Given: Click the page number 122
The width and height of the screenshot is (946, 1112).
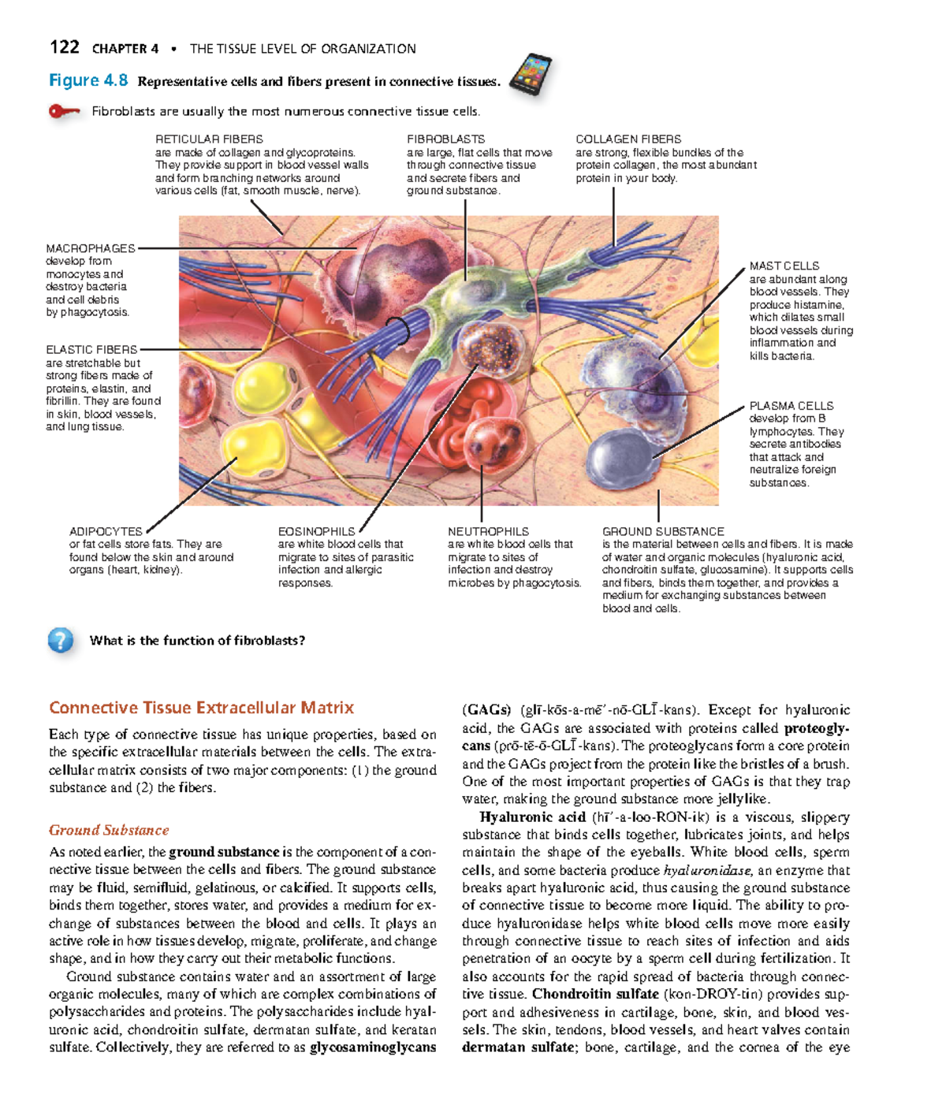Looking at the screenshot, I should [x=64, y=47].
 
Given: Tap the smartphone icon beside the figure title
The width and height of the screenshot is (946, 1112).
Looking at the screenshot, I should [x=531, y=76].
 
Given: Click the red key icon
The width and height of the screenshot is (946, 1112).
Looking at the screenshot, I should [x=64, y=111].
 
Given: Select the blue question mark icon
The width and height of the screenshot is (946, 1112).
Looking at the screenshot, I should [x=61, y=640].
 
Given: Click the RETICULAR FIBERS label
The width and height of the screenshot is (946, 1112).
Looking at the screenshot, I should [x=209, y=139].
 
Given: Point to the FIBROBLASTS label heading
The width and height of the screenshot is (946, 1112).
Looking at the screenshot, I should [x=445, y=139].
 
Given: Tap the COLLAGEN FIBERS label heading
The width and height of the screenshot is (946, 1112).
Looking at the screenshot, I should [x=628, y=139].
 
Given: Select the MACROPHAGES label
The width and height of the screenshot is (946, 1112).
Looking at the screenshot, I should [x=91, y=248].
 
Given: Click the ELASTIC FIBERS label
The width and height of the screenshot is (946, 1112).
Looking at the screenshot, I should [x=91, y=349].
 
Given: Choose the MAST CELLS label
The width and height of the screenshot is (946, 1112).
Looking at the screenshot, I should [x=784, y=266].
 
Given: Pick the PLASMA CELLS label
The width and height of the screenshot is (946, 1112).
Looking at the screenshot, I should [x=791, y=406].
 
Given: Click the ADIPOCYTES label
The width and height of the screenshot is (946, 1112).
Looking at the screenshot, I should [x=106, y=532].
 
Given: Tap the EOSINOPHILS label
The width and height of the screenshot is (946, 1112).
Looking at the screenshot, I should [x=316, y=532].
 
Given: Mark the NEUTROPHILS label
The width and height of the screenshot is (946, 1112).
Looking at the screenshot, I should [x=488, y=532].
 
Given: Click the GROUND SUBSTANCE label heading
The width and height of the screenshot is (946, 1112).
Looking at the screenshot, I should [x=663, y=532].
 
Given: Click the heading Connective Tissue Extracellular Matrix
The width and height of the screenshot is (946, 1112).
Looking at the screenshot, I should [x=201, y=708].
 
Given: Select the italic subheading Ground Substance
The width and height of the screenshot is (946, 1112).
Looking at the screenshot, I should [x=109, y=830].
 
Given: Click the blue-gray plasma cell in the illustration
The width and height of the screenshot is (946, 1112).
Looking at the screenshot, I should [x=619, y=454].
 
